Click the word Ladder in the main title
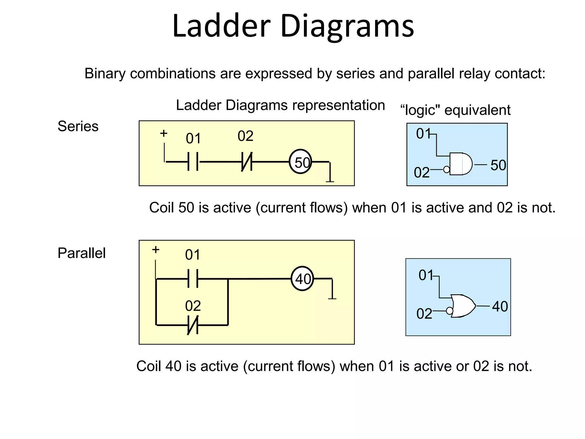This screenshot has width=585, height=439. coord(221,26)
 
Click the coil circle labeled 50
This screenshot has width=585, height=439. coord(300,162)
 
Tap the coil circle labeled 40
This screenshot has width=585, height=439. coord(302,278)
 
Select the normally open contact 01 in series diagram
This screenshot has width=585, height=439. coord(193,162)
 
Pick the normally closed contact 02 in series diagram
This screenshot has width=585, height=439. coord(247,162)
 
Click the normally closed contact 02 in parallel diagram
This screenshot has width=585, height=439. coord(193,325)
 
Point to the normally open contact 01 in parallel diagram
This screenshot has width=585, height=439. coord(193,278)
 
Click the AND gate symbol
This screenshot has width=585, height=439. coord(460,164)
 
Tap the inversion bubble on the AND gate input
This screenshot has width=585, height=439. coord(446,170)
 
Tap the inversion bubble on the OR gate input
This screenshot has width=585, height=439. coord(449,311)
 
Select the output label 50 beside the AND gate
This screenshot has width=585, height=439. coord(498,165)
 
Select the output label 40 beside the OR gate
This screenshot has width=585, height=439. coord(500,306)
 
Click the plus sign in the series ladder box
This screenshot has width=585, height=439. coord(163,133)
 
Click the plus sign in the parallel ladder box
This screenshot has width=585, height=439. coord(155,250)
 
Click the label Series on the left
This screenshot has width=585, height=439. coord(78,126)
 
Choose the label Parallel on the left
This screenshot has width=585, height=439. coord(81,253)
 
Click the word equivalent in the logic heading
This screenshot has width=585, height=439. coord(477,110)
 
